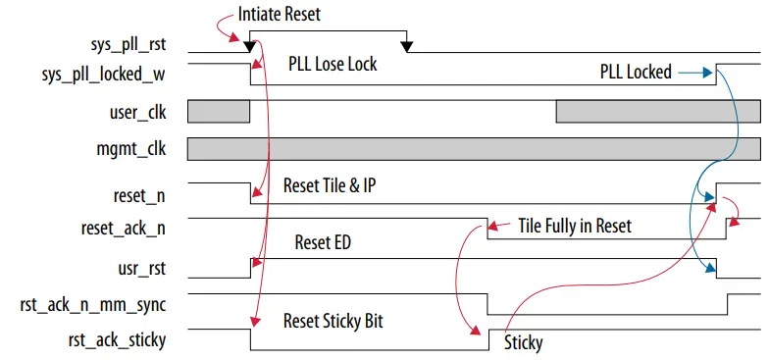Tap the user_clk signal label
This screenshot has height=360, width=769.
pyautogui.click(x=136, y=113)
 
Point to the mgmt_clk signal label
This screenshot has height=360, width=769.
pyautogui.click(x=132, y=150)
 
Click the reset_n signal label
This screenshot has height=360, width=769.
pyautogui.click(x=140, y=195)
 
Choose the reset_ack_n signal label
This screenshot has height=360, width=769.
pyautogui.click(x=123, y=228)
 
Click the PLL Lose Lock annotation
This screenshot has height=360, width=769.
pyautogui.click(x=332, y=65)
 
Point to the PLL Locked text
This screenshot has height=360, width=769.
pyautogui.click(x=636, y=72)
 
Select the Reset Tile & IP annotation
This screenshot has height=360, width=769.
pyautogui.click(x=329, y=185)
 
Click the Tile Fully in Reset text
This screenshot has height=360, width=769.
pyautogui.click(x=575, y=226)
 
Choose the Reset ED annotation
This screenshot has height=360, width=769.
pyautogui.click(x=325, y=242)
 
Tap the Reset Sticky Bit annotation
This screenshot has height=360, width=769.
pyautogui.click(x=333, y=321)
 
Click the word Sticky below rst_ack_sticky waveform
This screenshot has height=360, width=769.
pyautogui.click(x=523, y=343)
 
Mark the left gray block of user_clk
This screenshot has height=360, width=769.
pyautogui.click(x=219, y=111)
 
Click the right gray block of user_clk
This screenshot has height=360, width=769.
pyautogui.click(x=657, y=111)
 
